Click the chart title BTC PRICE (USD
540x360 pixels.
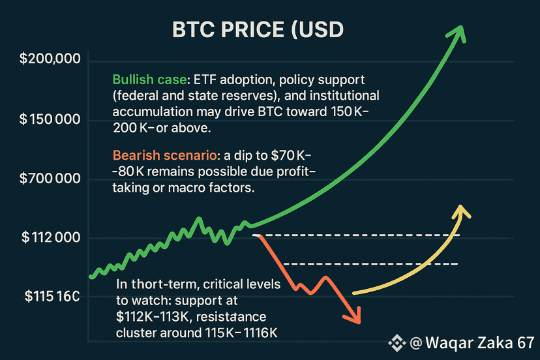pos(258,30)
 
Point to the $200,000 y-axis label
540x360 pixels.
pos(50,59)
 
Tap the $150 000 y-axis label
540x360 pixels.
pos(50,119)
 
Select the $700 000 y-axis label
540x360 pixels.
pos(50,179)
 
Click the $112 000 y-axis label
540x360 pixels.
pos(51,237)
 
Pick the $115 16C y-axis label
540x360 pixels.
pos(52,296)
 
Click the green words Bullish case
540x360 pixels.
pos(149,80)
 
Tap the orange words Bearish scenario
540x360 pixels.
pos(164,155)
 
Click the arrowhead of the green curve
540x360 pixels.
pos(457,33)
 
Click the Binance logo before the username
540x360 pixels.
pos(397,343)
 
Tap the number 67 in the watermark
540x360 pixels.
pos(526,343)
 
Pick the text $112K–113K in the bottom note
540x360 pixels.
pos(153,316)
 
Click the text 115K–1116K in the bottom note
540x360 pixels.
pos(241,333)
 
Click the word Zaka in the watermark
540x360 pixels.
pos(495,343)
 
